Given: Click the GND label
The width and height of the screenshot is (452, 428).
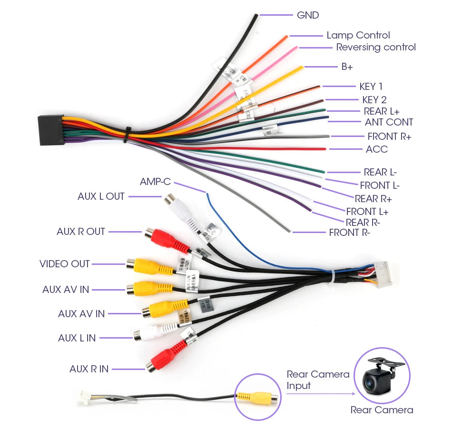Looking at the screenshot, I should tap(307, 15).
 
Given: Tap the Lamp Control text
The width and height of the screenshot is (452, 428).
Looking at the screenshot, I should tap(358, 35).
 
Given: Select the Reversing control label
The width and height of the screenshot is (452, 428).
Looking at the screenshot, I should tap(376, 47).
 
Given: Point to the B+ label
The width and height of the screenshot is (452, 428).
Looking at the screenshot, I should tap(347, 67).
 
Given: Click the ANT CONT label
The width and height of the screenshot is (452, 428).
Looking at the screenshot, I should tap(389, 122).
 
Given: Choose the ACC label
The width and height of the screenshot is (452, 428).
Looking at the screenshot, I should tap(376, 149).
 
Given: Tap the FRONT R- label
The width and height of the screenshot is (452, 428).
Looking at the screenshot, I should tap(350, 233).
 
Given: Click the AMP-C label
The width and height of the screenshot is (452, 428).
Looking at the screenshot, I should tap(155, 182).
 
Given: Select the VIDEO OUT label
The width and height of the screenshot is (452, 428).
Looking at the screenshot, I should tap(65, 263).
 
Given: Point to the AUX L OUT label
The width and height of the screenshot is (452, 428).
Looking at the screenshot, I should tap(101, 196).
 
